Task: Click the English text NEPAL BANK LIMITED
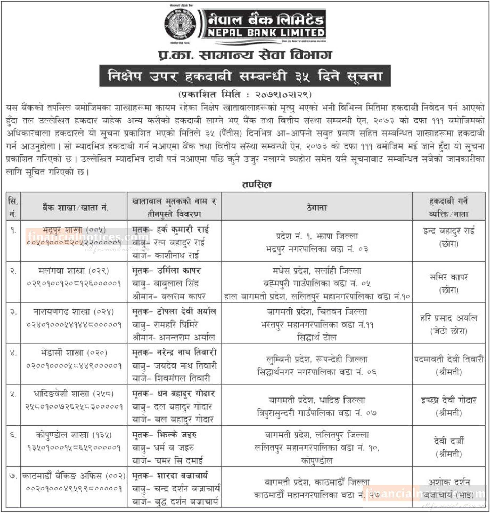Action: [266, 33]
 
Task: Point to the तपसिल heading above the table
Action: [257, 185]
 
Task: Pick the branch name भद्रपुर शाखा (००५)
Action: [74, 230]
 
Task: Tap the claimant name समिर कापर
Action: [449, 277]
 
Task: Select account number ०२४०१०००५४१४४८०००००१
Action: [74, 325]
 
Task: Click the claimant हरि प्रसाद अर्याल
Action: [449, 318]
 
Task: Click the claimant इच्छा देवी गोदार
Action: [449, 400]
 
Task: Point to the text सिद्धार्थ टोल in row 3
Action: [317, 338]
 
